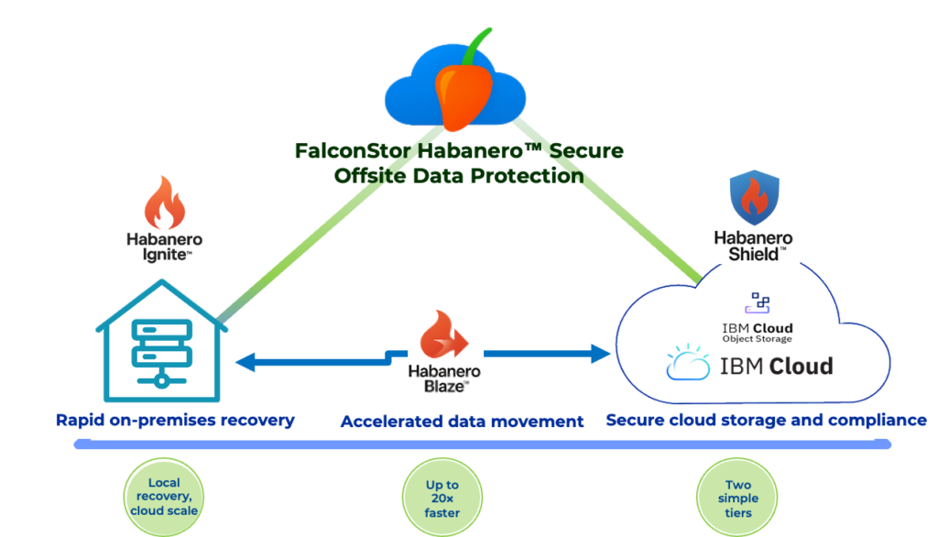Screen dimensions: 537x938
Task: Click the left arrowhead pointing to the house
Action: pos(244,362)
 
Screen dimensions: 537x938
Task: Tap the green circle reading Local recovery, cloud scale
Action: pos(163,497)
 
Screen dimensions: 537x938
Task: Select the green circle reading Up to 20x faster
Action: pos(442,499)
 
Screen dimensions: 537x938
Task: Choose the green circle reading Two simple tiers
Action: pos(737,499)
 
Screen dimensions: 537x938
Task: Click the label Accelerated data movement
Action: pos(462,422)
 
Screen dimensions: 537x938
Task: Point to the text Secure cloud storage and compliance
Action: pos(765,421)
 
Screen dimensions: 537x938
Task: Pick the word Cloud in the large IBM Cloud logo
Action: pos(800,367)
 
